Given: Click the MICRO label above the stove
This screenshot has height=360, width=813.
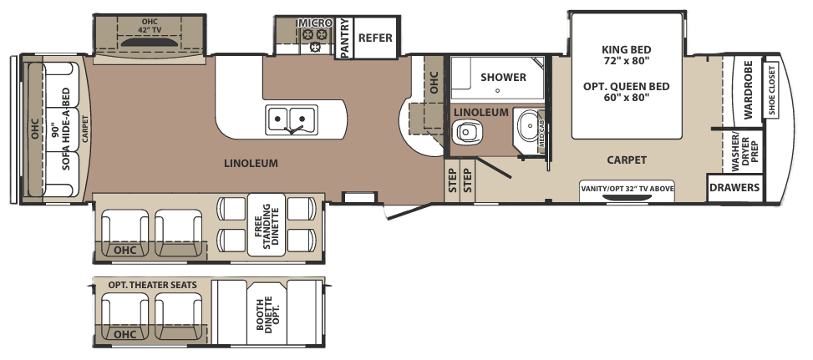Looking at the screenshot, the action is [315, 23].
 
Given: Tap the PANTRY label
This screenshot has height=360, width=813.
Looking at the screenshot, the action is [344, 38].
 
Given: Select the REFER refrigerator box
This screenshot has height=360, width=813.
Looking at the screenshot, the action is [375, 38].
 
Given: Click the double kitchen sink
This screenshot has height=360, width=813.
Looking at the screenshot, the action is [292, 119].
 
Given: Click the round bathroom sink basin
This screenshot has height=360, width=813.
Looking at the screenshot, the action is [528, 124].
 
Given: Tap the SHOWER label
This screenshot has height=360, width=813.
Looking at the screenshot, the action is [503, 77].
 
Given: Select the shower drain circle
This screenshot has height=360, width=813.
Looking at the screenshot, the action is [497, 91].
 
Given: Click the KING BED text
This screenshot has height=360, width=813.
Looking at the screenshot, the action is [627, 50].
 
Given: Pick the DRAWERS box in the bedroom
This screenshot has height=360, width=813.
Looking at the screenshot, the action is [734, 187].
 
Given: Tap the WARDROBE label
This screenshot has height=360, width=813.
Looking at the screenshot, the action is [748, 89].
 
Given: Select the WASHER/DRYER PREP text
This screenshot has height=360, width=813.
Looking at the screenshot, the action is [744, 152].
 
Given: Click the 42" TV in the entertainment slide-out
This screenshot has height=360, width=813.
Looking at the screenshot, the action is [149, 42].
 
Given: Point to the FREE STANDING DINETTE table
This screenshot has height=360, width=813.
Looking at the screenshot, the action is [267, 225].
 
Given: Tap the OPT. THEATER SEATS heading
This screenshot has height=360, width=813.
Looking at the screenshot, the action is [152, 285].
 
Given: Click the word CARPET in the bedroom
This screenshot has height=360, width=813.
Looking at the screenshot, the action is [627, 160].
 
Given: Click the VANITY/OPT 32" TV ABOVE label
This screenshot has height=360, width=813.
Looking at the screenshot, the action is [627, 189].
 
